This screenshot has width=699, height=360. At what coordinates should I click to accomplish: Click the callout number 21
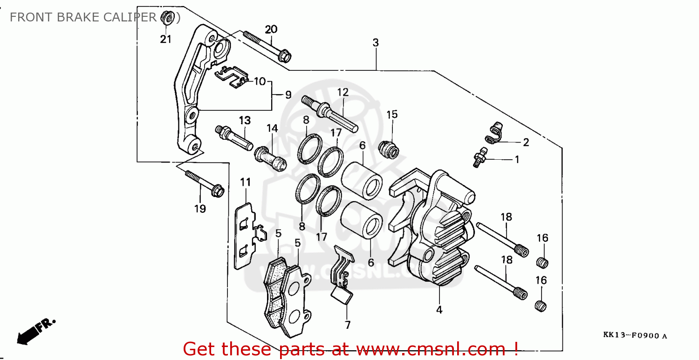coord(166,39)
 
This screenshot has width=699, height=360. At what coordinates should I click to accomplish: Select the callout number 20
coord(271,29)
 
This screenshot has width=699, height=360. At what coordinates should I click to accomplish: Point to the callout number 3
coord(376,42)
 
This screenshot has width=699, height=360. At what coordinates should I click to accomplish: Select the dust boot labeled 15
coord(390,149)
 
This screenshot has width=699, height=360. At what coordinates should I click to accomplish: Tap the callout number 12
coord(343,92)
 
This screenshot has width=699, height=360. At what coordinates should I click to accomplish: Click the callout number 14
coord(272,128)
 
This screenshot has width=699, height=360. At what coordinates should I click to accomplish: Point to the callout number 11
coord(246,181)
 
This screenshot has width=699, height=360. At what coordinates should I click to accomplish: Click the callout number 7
coord(348,325)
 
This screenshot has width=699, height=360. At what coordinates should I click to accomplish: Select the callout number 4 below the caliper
coord(439,309)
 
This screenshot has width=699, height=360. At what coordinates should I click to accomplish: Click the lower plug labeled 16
coord(541,306)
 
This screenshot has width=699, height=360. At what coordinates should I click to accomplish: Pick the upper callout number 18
coord(507,217)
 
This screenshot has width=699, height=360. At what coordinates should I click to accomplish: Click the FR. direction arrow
coord(35,331)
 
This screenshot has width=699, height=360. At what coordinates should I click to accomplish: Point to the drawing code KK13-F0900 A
coord(635,335)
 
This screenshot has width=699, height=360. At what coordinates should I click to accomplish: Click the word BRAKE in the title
coord(80,18)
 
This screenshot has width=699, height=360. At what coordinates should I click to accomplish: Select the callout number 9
coord(288,95)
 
